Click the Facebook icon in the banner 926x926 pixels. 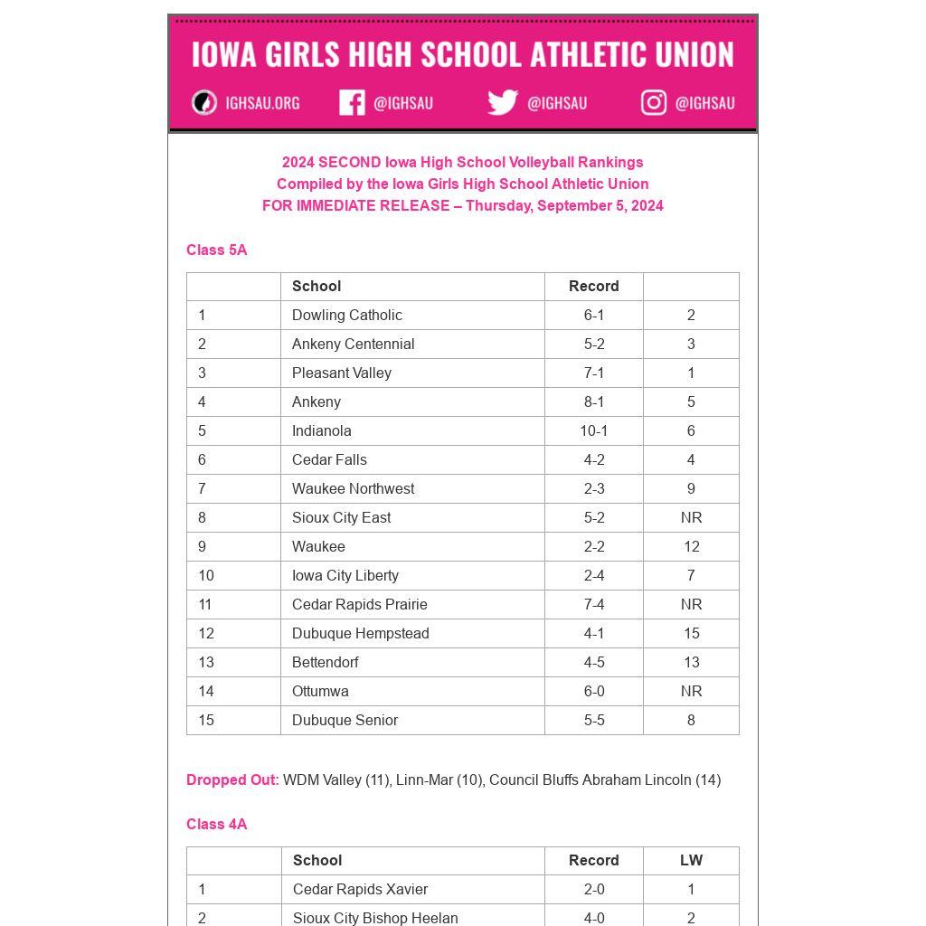tap(352, 103)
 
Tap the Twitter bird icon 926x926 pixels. tap(503, 102)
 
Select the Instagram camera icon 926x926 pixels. tap(654, 103)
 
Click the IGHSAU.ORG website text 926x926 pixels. tap(262, 103)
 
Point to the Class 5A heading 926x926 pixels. tap(216, 250)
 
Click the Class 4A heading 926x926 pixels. tap(216, 824)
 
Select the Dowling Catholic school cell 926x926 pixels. tap(346, 315)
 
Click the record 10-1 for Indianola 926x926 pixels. tap(593, 430)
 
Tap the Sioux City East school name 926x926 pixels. tap(341, 517)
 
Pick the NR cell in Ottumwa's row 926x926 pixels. tap(691, 691)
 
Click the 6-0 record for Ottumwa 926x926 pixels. tap(593, 691)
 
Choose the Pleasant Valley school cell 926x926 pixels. tap(341, 373)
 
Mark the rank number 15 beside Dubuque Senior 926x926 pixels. tap(206, 720)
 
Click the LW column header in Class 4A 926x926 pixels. tap(691, 860)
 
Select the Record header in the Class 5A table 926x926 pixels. tap(593, 286)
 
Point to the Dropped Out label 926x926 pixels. tap(232, 780)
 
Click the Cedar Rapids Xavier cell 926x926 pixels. tap(360, 889)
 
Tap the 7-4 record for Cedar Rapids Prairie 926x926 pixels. tap(593, 604)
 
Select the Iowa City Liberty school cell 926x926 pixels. tap(345, 575)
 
